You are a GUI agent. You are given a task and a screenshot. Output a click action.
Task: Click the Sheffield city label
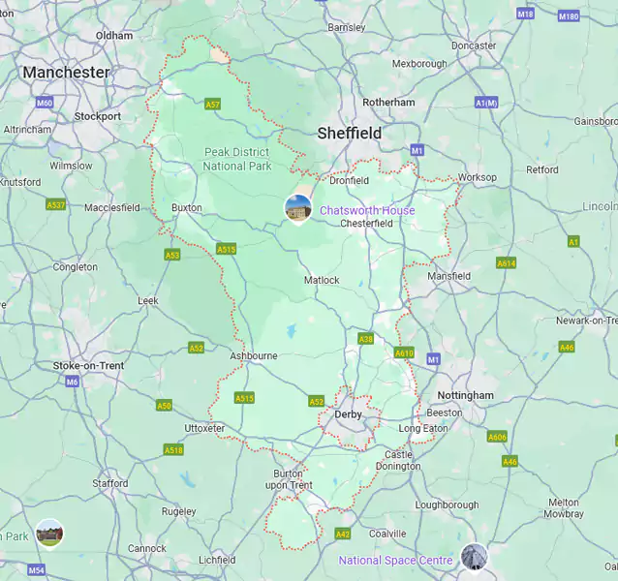coord(349,133)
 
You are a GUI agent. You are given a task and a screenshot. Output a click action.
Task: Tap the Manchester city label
coord(66,73)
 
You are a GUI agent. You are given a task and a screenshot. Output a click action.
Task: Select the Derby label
coord(348,414)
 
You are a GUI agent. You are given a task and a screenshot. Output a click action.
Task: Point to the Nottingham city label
coord(465,395)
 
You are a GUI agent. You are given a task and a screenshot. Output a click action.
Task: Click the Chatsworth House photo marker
coord(298,207)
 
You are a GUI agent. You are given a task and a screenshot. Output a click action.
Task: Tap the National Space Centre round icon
coord(474,556)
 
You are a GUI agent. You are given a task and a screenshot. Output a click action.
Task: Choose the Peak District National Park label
coord(236,159)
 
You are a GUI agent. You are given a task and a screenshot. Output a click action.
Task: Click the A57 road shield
coord(213,104)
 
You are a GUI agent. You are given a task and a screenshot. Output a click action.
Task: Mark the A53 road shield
coord(172,255)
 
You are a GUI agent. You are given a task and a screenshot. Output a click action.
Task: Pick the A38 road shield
coord(366,339)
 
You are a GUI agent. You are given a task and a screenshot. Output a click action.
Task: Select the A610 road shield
coord(404,353)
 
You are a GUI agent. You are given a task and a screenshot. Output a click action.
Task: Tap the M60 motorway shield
coord(45,103)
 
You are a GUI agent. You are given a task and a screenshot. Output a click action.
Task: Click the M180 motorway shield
coord(569,16)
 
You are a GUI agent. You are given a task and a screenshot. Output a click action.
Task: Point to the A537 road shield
coord(56,205)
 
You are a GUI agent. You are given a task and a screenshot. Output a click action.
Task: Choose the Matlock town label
coord(322,280)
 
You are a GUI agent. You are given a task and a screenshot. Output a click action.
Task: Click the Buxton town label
coord(187,207)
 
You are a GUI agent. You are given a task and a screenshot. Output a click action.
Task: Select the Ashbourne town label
coord(254,355)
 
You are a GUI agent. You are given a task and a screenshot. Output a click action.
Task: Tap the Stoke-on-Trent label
coord(88,365)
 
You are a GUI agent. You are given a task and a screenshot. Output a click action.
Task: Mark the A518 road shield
coord(173,449)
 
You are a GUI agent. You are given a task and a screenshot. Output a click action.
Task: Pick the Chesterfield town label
coord(366,223)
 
